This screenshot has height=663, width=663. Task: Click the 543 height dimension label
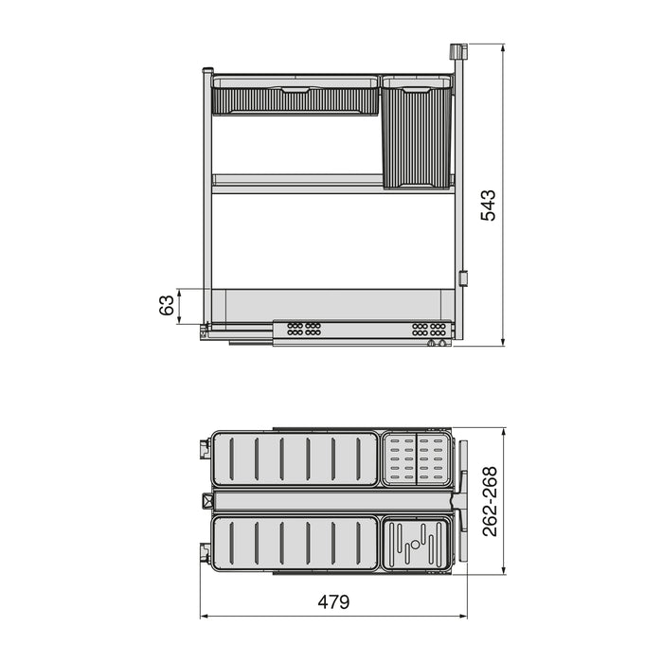(488, 205)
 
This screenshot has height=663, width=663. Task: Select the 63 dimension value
(167, 306)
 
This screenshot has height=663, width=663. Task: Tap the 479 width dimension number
(332, 601)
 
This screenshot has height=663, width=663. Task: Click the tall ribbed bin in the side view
(416, 134)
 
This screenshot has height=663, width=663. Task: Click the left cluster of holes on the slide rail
(303, 329)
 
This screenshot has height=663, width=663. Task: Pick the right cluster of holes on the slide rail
(428, 329)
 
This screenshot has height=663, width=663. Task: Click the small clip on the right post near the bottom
(463, 279)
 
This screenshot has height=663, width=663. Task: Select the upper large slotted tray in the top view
(294, 459)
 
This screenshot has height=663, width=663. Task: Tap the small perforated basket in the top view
(416, 458)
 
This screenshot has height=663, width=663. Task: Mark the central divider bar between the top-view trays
(331, 501)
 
